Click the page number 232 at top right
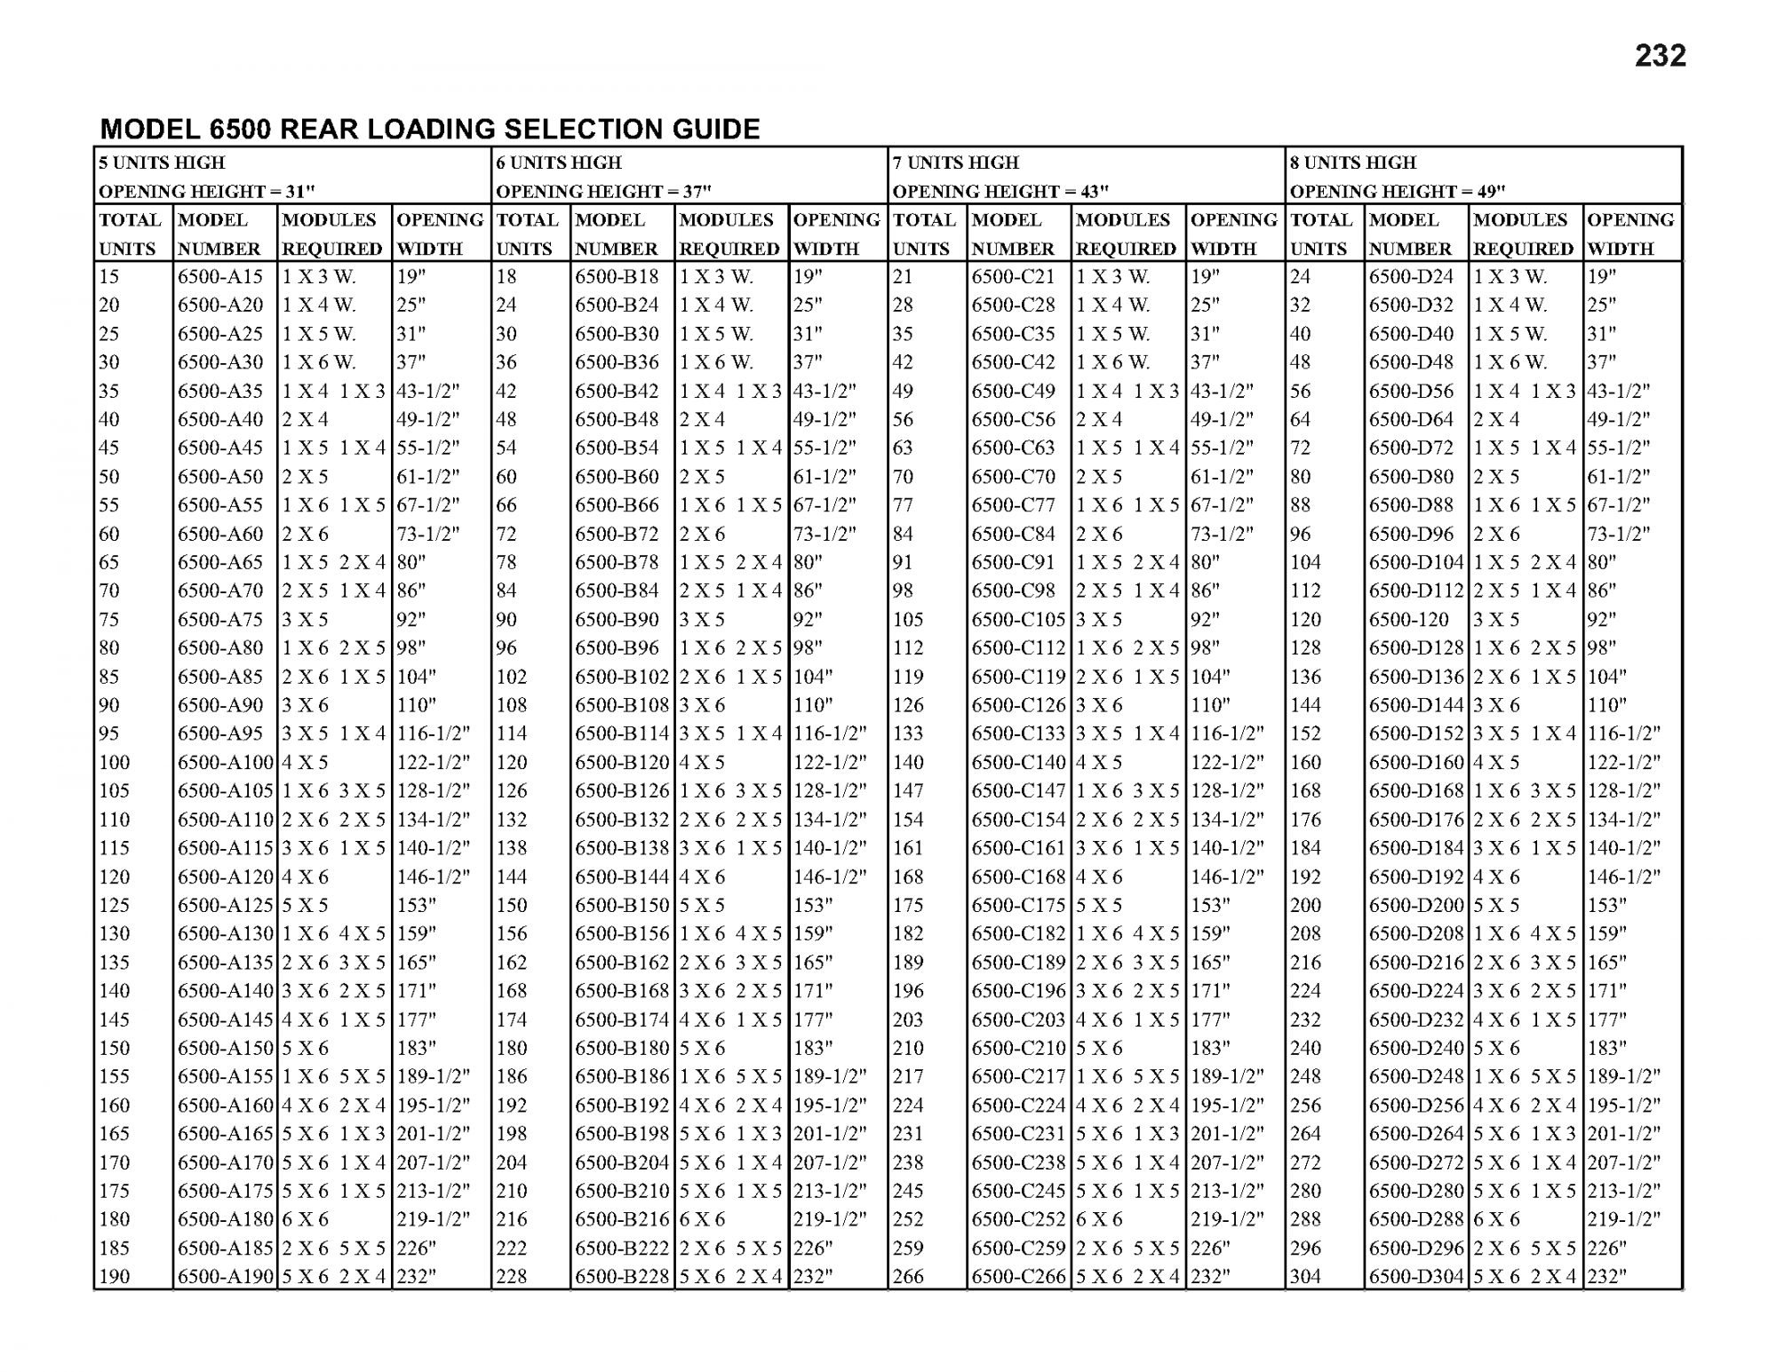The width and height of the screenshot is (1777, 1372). click(x=1660, y=56)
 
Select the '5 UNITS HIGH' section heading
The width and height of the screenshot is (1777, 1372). click(x=162, y=163)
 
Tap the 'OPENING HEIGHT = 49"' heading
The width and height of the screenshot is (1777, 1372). click(x=1397, y=192)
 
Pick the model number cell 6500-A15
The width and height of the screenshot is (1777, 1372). click(x=220, y=277)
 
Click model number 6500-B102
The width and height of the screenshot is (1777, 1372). click(x=621, y=677)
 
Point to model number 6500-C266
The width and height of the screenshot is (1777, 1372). click(x=1018, y=1276)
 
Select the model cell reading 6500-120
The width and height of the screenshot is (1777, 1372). click(x=1408, y=620)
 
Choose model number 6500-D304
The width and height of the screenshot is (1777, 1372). click(x=1416, y=1276)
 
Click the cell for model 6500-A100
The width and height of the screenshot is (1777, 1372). click(x=226, y=762)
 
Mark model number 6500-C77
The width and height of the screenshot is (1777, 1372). click(x=1013, y=505)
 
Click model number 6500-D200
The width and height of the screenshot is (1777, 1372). click(x=1416, y=905)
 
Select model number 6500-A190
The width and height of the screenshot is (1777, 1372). click(x=226, y=1276)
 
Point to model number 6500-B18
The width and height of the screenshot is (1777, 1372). click(x=617, y=277)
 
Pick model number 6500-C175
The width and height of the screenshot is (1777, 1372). click(x=1018, y=905)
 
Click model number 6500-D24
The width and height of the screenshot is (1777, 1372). click(x=1411, y=277)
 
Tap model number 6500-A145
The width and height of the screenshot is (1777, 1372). click(x=226, y=1019)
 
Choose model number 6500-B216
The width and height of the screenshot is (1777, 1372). click(x=622, y=1219)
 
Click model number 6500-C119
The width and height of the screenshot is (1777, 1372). click(x=1018, y=677)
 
